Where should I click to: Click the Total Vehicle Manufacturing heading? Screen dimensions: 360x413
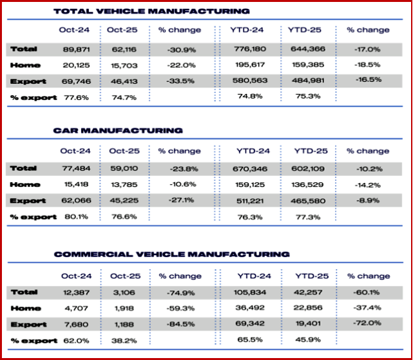click(x=151, y=11)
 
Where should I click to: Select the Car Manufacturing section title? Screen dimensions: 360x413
click(x=118, y=131)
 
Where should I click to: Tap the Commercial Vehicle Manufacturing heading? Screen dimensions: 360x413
click(x=171, y=254)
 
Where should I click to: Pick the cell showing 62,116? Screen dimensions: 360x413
click(x=122, y=49)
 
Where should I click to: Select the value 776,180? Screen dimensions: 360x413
click(x=252, y=49)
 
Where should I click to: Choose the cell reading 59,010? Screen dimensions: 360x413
click(x=122, y=169)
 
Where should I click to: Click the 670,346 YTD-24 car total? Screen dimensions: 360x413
click(x=252, y=169)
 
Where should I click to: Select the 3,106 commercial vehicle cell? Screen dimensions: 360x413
click(x=122, y=292)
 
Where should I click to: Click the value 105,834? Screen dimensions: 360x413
click(x=252, y=292)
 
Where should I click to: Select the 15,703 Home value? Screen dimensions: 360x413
click(x=122, y=64)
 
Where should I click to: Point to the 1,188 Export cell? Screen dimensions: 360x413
click(x=122, y=324)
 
